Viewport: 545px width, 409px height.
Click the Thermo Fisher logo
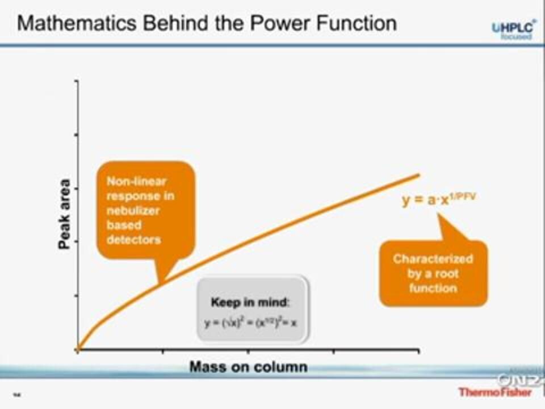[495, 391]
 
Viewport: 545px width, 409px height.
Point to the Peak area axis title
[65, 215]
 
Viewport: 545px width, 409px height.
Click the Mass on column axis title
[248, 367]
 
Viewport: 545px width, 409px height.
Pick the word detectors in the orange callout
[133, 240]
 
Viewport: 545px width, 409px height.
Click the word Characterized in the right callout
[433, 259]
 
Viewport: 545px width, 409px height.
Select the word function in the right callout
[433, 288]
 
